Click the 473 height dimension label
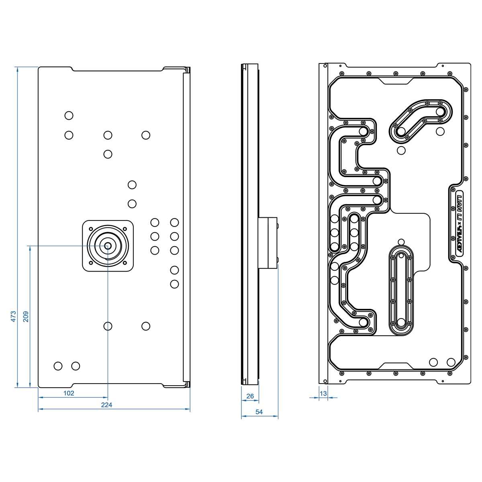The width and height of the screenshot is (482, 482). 13,316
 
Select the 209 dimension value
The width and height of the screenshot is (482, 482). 26,316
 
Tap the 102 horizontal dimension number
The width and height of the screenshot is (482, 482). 69,393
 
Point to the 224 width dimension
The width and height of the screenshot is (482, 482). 106,405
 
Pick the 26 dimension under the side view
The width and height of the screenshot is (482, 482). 250,396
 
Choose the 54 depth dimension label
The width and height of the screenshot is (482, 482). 259,412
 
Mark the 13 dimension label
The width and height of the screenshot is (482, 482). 323,394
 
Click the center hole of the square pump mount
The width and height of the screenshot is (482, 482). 108,245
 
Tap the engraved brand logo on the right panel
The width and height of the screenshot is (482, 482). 457,225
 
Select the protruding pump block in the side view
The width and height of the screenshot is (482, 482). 268,243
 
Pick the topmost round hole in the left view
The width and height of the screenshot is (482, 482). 69,116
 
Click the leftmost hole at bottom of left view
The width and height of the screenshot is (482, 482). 58,366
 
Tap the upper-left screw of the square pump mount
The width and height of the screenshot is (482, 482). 91,229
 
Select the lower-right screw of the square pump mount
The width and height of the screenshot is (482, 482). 125,263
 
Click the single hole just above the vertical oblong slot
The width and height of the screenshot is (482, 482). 401,242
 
